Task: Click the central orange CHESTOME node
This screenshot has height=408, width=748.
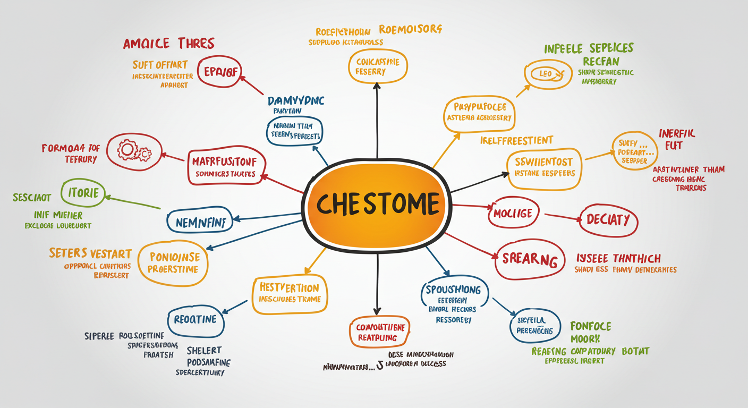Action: pos(377,205)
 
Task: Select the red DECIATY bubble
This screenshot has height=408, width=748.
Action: pos(608,219)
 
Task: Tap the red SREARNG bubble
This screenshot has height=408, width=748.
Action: pos(529,260)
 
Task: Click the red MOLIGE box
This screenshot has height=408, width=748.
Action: pos(513,214)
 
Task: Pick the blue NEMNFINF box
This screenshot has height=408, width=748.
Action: pos(200,222)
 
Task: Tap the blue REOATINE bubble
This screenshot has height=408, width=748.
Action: pos(195,320)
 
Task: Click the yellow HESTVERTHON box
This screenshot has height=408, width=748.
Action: pos(290,293)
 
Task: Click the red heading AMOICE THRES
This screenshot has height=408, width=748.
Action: pos(169,44)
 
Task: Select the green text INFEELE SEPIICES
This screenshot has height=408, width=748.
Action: pos(589,48)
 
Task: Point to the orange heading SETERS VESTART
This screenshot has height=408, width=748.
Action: pos(90,253)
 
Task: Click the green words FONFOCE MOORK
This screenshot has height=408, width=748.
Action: pos(591,332)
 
